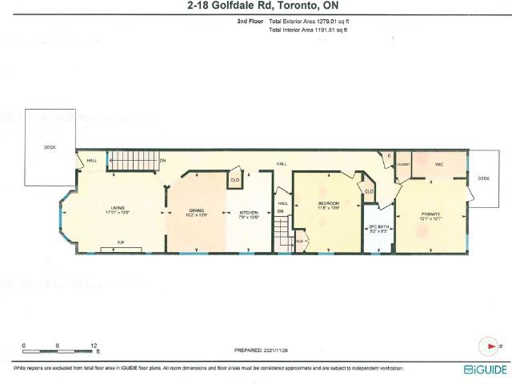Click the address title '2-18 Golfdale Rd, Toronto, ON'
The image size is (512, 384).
[x=255, y=6]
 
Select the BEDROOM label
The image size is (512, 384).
[x=329, y=204]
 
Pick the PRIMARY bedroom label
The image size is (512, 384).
[x=432, y=214]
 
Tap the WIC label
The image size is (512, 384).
[x=438, y=165]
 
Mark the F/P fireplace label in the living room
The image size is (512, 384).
[x=121, y=242]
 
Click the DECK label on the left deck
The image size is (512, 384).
[x=50, y=146]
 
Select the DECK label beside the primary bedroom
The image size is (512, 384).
[x=483, y=179]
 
